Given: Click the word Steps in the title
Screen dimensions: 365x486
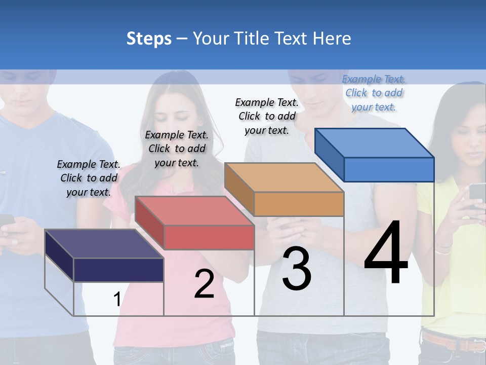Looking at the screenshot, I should click(149, 39).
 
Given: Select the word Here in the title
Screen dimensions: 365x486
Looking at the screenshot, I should click(332, 39).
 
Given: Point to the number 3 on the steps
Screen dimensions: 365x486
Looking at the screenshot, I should click(297, 269).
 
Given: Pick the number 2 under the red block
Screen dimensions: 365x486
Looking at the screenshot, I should click(204, 284).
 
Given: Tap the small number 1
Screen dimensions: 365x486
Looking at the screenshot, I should click(117, 300).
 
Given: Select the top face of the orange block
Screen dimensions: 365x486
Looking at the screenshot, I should click(283, 177).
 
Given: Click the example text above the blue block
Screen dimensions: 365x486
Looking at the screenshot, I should click(374, 93).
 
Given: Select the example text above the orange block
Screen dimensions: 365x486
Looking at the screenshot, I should click(267, 116).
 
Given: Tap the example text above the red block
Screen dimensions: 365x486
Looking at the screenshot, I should click(177, 149).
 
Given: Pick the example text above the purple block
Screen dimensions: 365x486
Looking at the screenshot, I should click(89, 178).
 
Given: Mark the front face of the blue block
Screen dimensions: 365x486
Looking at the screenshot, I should click(389, 169).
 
